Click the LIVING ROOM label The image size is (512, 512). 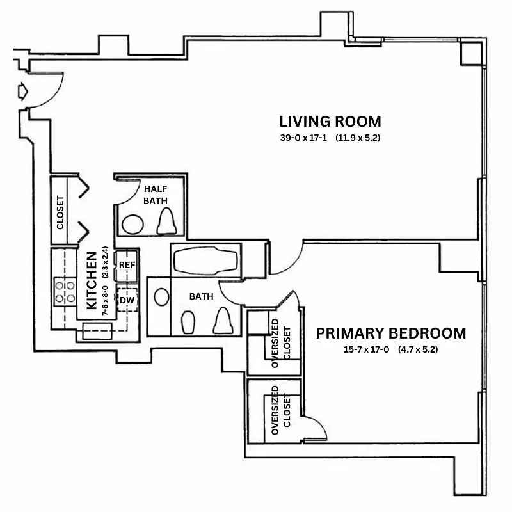330,121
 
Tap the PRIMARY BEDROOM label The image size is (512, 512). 390,333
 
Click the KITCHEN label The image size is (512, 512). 92,278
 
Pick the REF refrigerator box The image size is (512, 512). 126,265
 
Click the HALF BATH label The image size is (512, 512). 156,195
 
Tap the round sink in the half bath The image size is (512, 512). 134,224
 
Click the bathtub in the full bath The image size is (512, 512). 205,262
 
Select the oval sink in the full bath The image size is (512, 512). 162,297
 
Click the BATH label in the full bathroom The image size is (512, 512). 200,297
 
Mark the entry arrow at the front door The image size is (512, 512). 23,92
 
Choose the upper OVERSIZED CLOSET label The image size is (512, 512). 281,345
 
